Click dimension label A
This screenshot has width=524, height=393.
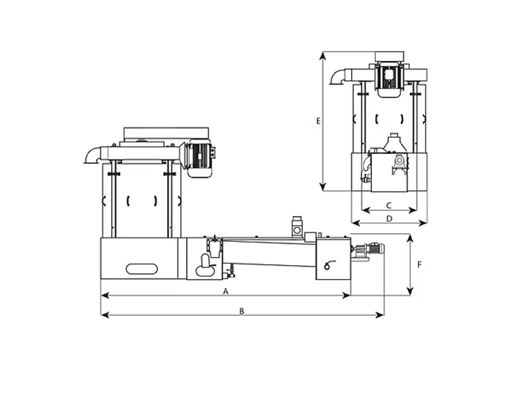click(226, 291)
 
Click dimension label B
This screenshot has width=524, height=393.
click(242, 311)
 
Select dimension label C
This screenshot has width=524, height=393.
click(388, 205)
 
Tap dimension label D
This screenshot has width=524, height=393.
click(389, 219)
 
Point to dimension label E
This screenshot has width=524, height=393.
click(318, 121)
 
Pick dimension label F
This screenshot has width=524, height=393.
click(420, 265)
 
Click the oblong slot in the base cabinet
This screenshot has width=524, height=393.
click(141, 269)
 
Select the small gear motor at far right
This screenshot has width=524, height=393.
click(367, 251)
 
